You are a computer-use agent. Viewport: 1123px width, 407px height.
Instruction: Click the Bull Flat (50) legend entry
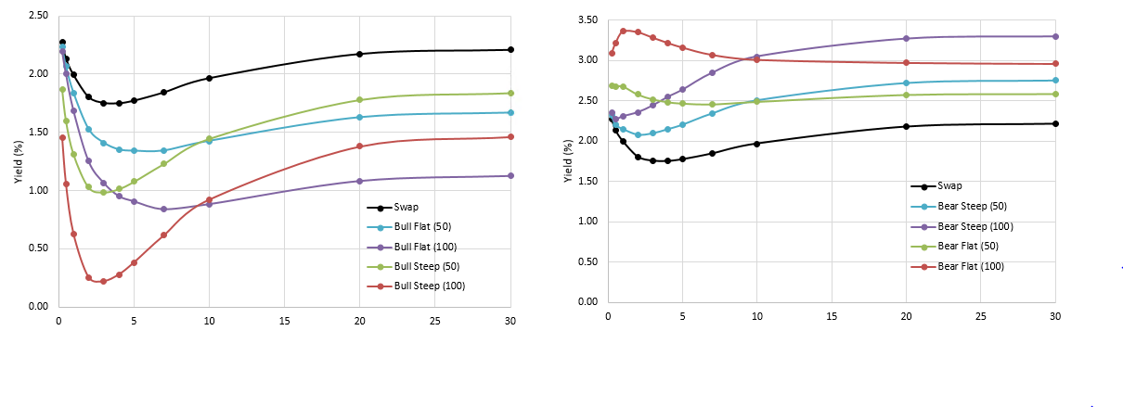423,227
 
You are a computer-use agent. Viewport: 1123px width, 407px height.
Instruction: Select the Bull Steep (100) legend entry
428,286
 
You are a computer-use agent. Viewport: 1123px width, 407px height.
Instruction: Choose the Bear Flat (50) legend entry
968,246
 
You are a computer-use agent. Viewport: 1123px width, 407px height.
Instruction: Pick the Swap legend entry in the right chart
949,185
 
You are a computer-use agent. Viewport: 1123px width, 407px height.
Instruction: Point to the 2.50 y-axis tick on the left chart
38,16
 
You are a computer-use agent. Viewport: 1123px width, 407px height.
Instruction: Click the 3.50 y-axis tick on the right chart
587,19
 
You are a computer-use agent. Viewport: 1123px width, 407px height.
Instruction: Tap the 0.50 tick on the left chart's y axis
38,248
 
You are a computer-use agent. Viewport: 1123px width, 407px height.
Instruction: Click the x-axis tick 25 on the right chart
981,316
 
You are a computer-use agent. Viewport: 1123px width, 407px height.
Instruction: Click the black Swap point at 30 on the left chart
510,49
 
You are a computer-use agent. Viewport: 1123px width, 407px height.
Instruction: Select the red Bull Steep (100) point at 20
360,146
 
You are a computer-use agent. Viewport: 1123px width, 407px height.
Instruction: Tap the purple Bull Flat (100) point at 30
510,175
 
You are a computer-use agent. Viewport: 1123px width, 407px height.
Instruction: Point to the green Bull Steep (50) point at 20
360,100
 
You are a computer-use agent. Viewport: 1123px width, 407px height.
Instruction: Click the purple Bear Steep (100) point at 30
1055,36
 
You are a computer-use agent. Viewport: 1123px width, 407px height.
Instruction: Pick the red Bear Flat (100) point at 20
906,62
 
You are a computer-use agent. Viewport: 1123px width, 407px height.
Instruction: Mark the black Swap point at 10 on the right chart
756,144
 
